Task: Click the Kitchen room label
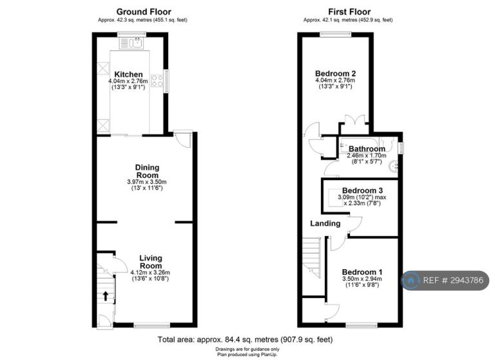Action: coord(128,75)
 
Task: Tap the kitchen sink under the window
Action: coord(132,43)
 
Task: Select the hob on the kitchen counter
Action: coord(157,80)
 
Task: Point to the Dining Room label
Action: coord(147,172)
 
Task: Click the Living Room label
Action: coord(151,262)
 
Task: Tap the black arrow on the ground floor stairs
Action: coord(106,296)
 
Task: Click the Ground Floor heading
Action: coord(144,12)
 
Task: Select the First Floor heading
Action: coord(349,12)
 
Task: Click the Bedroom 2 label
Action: coord(335,74)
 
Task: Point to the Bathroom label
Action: coord(367,148)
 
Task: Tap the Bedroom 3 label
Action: coord(362,190)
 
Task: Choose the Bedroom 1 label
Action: coord(362,272)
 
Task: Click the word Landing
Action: coord(325,224)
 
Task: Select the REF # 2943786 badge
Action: coord(445,281)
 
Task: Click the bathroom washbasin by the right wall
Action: coord(394,166)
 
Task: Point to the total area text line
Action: coord(245,340)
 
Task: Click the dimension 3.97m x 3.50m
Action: coord(147,182)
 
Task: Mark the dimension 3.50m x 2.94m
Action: coord(362,279)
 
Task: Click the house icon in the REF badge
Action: coord(411,281)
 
